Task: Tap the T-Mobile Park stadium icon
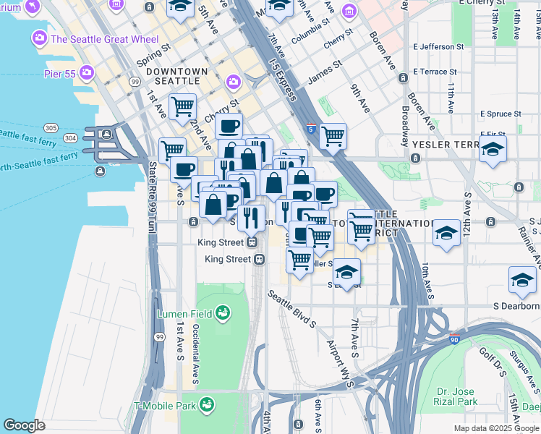click(x=208, y=404)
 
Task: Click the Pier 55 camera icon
click(x=88, y=72)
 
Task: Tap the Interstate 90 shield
click(x=453, y=339)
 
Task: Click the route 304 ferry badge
click(x=70, y=137)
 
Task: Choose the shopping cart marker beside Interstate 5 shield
click(x=333, y=135)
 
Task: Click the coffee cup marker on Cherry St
click(x=229, y=126)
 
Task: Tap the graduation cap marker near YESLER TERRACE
click(x=493, y=149)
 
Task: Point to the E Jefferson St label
click(x=438, y=47)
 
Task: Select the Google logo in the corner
click(x=24, y=425)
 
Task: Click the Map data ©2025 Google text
click(x=495, y=428)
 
